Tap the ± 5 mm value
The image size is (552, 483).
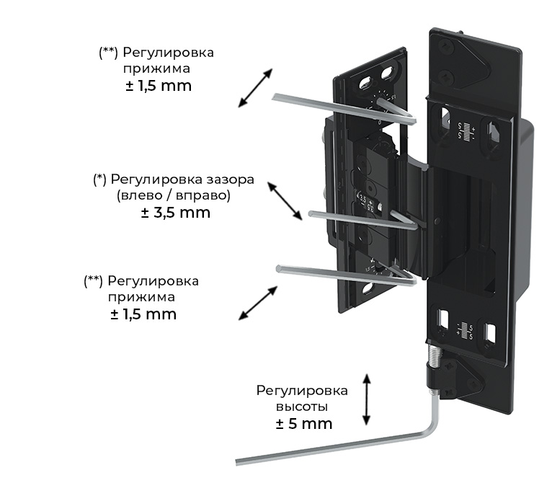303,423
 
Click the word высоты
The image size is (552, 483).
302,407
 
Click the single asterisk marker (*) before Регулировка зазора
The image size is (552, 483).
99,179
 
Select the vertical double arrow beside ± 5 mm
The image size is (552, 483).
368,400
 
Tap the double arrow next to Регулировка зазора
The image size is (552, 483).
285,200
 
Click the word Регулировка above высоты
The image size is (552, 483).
302,391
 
